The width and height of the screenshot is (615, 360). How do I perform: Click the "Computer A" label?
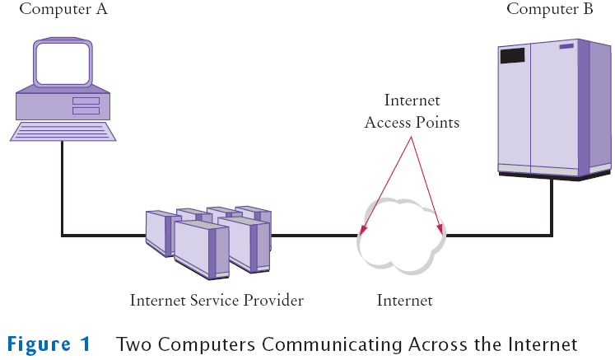coord(63,10)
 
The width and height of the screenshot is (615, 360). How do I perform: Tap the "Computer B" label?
coord(550,9)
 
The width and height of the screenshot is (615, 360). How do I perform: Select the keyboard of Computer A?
coord(62,131)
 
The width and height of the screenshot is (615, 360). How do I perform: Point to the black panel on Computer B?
coord(512,56)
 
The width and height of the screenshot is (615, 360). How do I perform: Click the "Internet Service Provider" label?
coord(217,300)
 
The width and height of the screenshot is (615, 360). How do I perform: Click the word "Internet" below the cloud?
coord(404,300)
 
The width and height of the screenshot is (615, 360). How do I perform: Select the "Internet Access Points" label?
coord(412,111)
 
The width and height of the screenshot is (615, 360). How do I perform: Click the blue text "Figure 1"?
coord(49,343)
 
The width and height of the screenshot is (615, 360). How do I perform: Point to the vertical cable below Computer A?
coord(62,189)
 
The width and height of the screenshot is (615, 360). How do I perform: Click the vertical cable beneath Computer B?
coord(552,206)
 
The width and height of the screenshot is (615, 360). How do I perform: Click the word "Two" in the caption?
coord(133,343)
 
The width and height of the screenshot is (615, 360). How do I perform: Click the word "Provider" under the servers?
coord(272,300)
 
